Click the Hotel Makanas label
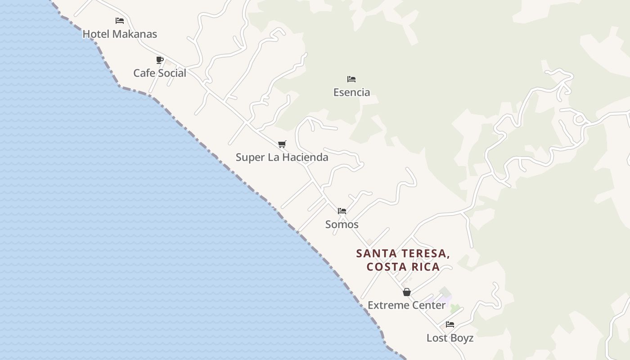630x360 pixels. tap(120, 34)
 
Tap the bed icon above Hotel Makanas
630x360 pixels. tap(120, 21)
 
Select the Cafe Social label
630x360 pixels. tap(160, 73)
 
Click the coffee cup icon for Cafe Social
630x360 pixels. tap(159, 60)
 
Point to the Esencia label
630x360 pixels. tap(351, 92)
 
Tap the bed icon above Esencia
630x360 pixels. tap(351, 79)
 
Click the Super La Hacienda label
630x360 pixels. tap(282, 157)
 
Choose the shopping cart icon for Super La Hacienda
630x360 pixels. tap(282, 144)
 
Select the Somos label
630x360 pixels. tap(342, 224)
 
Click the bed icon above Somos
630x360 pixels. tap(342, 211)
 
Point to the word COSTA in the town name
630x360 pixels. tap(383, 267)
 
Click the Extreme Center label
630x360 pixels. tap(407, 305)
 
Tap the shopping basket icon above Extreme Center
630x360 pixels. tap(407, 292)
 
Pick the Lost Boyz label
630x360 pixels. tap(450, 338)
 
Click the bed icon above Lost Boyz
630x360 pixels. tap(450, 324)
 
